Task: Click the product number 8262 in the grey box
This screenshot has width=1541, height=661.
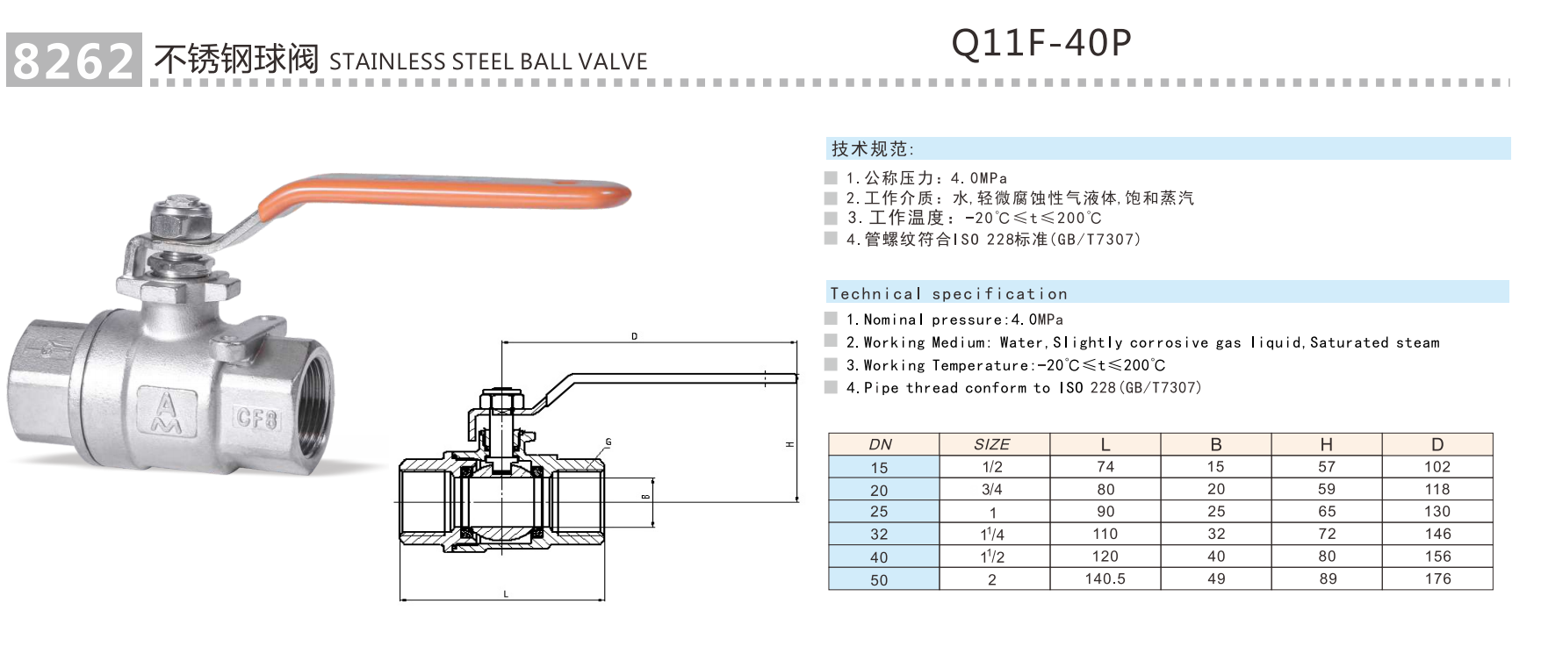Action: coord(74,61)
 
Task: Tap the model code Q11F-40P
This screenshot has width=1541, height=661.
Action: coord(1041,42)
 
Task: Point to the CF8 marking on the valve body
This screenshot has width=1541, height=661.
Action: coord(256,418)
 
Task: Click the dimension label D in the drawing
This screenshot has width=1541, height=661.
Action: coord(635,336)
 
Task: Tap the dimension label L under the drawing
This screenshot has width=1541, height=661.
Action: coord(506,594)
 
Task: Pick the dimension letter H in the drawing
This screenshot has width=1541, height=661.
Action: coord(789,444)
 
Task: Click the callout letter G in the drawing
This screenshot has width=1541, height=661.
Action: coord(608,442)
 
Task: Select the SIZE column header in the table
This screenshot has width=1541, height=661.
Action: coord(992,444)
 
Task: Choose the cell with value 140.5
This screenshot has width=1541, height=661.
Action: coord(1105,579)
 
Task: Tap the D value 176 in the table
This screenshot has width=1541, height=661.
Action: coord(1437,579)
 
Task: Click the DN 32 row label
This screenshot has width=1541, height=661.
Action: coord(879,535)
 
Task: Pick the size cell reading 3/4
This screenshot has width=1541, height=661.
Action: coord(992,490)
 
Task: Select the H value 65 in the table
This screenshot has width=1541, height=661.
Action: coord(1327,512)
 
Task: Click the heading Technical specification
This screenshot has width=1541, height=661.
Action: coord(948,294)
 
